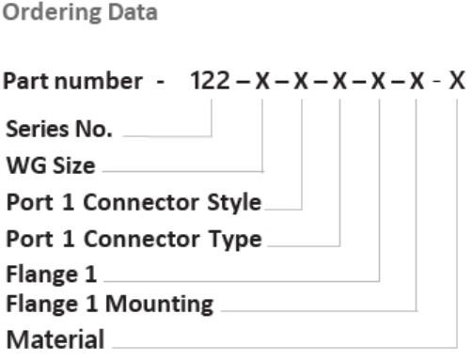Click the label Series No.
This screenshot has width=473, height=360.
[59, 130]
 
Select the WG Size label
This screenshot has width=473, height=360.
[51, 166]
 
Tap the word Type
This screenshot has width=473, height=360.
[235, 239]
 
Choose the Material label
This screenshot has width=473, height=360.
[55, 338]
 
